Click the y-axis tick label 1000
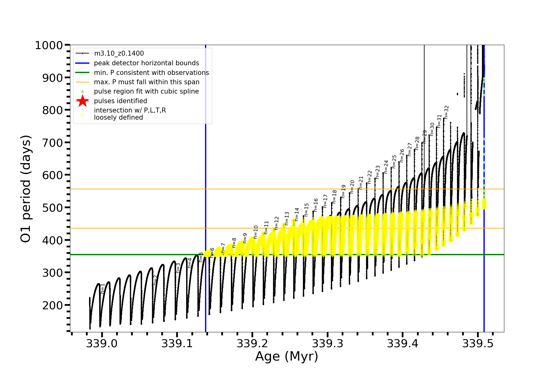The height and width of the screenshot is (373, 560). coord(49,45)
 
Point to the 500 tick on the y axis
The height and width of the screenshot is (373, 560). coord(53,208)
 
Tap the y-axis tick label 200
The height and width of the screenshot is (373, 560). coord(53,305)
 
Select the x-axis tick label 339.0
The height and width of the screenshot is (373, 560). coord(102,343)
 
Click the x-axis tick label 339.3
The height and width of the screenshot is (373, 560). coord(328,343)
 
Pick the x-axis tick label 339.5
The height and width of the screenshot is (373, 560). coord(478,343)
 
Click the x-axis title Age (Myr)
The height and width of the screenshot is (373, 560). coord(287,357)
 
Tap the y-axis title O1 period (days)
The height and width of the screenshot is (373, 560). coord(26,189)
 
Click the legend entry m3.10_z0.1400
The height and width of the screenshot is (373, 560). coord(119,53)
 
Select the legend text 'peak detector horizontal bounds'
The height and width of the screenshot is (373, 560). coord(146,63)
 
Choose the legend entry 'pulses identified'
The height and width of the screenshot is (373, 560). coord(120,101)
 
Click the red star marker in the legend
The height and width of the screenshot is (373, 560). coord(82,101)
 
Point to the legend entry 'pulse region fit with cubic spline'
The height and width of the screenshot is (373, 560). coord(146,91)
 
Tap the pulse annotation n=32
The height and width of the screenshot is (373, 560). coord(447,112)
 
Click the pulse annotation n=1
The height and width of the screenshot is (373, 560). coord(103,288)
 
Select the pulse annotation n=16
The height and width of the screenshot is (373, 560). coord(316,205)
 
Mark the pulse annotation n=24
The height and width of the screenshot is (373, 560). coord(386,167)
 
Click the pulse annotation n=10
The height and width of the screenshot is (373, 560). coord(256,232)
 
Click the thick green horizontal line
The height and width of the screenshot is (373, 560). coord(342,255)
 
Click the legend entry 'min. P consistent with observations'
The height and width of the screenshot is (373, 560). coord(151,73)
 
